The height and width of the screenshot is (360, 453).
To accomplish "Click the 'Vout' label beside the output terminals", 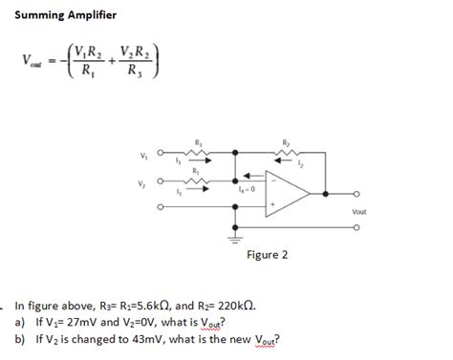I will click(x=358, y=211).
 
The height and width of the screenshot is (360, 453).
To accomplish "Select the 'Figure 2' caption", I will click(x=267, y=255).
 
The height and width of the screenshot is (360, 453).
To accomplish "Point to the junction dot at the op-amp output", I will click(x=327, y=195).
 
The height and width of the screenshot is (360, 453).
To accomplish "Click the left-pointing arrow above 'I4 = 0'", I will click(x=246, y=177).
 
